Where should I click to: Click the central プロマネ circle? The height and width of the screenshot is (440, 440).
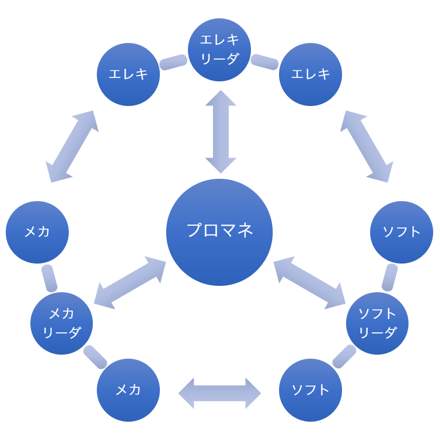click(219, 232)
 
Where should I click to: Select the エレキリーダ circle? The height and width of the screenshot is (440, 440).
click(219, 50)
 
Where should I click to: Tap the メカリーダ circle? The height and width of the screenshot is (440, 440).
click(61, 323)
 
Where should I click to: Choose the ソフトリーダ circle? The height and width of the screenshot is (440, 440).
click(377, 323)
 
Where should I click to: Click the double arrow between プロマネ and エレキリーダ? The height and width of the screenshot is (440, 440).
click(221, 132)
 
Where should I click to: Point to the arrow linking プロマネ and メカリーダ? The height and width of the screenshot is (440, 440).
click(129, 283)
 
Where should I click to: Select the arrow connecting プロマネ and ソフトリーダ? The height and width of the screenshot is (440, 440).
click(309, 283)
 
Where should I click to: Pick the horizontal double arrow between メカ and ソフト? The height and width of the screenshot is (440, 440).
click(219, 394)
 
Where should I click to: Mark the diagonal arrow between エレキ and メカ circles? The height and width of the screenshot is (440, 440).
click(72, 147)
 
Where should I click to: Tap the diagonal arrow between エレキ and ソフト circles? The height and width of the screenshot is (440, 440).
click(367, 147)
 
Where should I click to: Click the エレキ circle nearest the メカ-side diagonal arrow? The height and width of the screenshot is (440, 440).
click(128, 74)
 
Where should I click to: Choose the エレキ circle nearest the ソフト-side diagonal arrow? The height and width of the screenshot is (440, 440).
click(311, 74)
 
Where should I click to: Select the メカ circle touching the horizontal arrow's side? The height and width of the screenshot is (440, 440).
click(128, 390)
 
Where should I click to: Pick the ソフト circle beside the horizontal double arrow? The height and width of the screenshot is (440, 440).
click(311, 390)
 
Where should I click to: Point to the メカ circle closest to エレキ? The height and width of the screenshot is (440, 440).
click(37, 232)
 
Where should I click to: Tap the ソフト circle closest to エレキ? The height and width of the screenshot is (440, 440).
click(402, 232)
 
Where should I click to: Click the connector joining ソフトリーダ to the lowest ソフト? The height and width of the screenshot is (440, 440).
click(344, 356)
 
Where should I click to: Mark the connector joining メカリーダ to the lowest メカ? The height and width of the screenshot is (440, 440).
click(95, 357)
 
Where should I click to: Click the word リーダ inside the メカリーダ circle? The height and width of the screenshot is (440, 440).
click(61, 333)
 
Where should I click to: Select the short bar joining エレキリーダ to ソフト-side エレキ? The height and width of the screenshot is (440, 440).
click(265, 62)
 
